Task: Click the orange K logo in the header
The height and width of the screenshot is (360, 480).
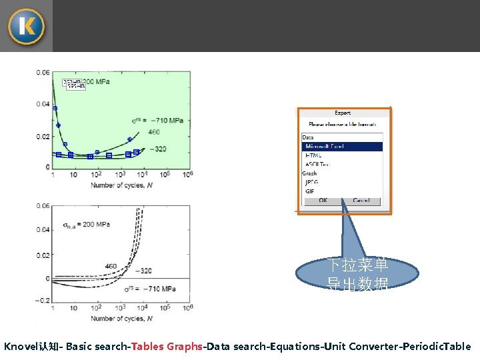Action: [x=26, y=27]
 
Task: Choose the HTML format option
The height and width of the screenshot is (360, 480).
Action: [x=313, y=155]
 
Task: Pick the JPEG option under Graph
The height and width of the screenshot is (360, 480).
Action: [x=312, y=182]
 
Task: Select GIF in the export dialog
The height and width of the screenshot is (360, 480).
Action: [x=310, y=191]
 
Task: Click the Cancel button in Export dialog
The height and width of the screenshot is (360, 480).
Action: [x=361, y=201]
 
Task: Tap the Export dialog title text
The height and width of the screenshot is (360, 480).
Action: [x=343, y=113]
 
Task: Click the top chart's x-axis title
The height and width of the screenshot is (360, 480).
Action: [x=122, y=185]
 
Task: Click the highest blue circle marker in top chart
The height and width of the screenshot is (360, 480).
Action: [x=55, y=108]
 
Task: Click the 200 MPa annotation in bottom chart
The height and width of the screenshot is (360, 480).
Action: [x=86, y=225]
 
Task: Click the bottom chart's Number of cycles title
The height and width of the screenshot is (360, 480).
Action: [x=122, y=319]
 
